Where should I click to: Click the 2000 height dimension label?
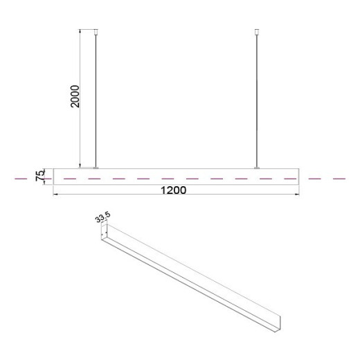point(75,99)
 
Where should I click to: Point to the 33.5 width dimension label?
point(102,219)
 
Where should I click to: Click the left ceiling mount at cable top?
point(96,30)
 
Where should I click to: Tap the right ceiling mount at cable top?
point(258,30)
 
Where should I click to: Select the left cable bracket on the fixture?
point(96,167)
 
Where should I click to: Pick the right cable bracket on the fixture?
point(258,167)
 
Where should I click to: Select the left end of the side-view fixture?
point(55,176)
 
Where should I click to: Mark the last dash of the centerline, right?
point(339,179)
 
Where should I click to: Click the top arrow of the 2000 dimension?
point(82,31)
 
